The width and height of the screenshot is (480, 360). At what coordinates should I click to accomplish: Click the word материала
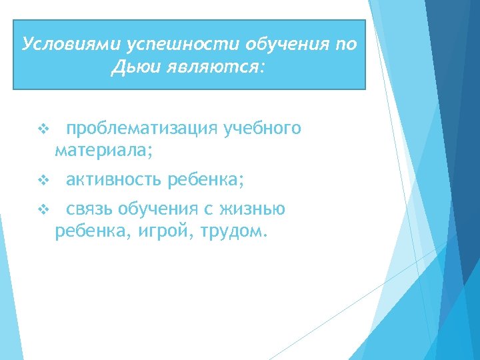coord(103,151)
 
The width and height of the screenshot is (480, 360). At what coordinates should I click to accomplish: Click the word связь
coord(90,209)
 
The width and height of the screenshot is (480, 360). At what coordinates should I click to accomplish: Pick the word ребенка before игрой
coord(84,233)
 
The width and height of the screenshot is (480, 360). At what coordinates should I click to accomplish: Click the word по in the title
coord(346,44)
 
